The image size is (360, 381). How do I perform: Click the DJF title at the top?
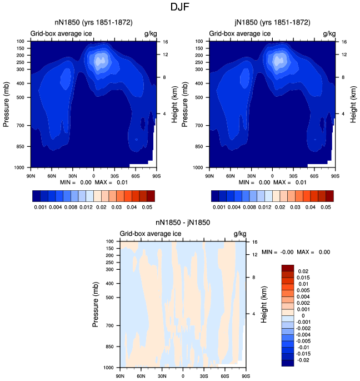pyautogui.click(x=179, y=7)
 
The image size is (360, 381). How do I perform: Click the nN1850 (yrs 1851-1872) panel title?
pyautogui.click(x=93, y=23)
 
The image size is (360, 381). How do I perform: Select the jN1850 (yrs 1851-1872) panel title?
pyautogui.click(x=272, y=23)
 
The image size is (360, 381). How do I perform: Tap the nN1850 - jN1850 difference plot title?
pyautogui.click(x=183, y=222)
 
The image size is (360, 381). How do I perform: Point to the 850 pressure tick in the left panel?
pyautogui.click(x=20, y=146)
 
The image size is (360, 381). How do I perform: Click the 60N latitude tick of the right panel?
pyautogui.click(x=231, y=176)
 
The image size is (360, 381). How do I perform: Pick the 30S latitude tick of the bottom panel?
pyautogui.click(x=204, y=376)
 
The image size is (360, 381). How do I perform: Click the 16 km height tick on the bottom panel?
pyautogui.click(x=254, y=242)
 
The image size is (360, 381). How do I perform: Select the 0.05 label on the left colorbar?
pyautogui.click(x=147, y=207)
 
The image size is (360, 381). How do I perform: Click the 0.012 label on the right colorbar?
pyautogui.click(x=265, y=207)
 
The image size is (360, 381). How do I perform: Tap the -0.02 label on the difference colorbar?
pyautogui.click(x=303, y=360)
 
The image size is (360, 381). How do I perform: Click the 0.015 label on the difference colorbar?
pyautogui.click(x=303, y=278)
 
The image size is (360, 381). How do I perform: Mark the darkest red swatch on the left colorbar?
pyautogui.click(x=151, y=196)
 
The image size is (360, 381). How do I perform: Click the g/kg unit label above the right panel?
pyautogui.click(x=329, y=33)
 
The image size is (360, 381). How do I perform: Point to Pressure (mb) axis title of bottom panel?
pyautogui.click(x=96, y=304)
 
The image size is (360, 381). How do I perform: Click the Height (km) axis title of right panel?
pyautogui.click(x=353, y=104)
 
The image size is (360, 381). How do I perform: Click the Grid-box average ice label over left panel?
pyautogui.click(x=61, y=33)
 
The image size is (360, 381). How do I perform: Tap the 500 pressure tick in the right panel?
pyautogui.click(x=199, y=97)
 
